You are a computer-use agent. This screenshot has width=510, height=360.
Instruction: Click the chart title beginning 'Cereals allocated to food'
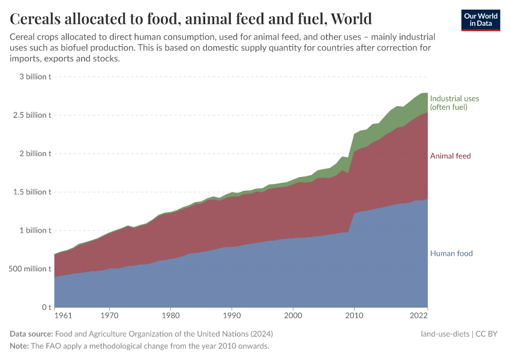191,19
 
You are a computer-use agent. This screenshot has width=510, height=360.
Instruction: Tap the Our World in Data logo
481,20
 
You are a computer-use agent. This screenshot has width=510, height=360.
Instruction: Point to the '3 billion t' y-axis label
35,77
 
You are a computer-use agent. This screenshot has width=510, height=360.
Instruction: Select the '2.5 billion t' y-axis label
32,115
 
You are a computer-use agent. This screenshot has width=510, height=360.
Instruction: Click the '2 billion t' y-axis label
35,154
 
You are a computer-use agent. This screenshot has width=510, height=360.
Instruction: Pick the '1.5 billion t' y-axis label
32,192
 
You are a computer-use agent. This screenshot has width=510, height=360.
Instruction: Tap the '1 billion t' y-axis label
35,230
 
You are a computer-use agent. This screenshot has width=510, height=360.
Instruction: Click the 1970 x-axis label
109,316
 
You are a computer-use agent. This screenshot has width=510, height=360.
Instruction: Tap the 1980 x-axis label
170,316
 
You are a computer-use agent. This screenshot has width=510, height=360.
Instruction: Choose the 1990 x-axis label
232,316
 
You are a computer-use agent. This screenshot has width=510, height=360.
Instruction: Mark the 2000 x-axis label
293,316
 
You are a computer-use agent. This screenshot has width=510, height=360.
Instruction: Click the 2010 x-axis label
354,316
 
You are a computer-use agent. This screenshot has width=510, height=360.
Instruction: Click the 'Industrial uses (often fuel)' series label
454,103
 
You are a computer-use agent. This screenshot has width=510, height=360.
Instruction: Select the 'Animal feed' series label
450,156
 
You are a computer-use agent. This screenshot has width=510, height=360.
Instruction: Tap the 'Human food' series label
451,253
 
